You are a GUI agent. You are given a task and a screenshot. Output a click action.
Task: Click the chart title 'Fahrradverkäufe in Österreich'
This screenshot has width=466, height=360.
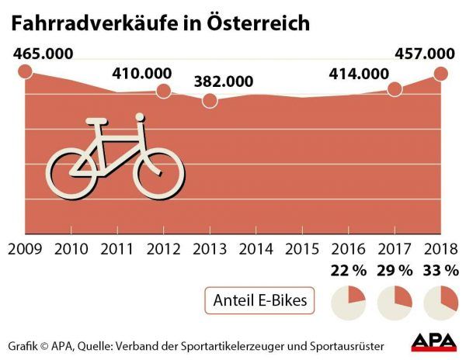(x=160, y=22)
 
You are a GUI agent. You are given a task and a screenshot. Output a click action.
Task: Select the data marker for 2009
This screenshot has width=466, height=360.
(x=24, y=71)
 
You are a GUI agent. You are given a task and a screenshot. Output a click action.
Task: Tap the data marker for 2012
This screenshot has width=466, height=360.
(x=163, y=92)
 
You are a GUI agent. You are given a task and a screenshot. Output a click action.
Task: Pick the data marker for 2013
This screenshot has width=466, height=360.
(x=209, y=101)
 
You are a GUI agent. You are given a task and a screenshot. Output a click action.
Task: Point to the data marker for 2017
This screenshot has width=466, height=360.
(x=395, y=89)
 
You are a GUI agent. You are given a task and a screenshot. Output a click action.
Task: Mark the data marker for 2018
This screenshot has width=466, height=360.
(x=441, y=74)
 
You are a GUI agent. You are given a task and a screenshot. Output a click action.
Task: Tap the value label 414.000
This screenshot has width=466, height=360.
(x=358, y=74)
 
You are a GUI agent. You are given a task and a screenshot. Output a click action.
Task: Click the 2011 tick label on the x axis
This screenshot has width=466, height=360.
(x=116, y=249)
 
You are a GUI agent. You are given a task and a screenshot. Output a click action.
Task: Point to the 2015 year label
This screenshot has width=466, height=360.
(x=301, y=249)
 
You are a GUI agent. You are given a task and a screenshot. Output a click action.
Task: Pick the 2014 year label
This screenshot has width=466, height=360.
(x=255, y=249)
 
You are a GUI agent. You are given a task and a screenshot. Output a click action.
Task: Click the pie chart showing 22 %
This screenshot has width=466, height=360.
(x=348, y=301)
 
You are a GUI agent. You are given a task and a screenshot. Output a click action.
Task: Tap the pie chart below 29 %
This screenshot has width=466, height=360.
(x=394, y=301)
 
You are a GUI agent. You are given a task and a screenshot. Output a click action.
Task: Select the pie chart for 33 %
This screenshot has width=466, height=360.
(x=440, y=301)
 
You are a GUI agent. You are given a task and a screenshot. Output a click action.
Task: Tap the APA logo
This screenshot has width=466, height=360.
(x=433, y=342)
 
